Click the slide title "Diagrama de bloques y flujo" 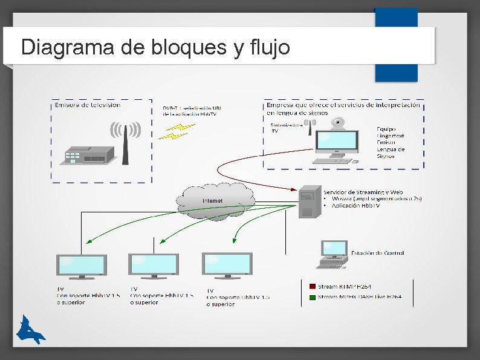[155, 47]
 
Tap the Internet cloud [215, 200]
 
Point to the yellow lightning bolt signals [177, 131]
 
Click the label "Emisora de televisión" [88, 105]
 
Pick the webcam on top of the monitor [339, 123]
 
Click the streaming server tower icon [310, 201]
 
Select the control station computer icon [333, 254]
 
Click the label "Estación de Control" [377, 253]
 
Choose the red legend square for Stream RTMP [313, 286]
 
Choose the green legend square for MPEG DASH [313, 297]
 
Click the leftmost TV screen [82, 266]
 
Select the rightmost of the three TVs [227, 266]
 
